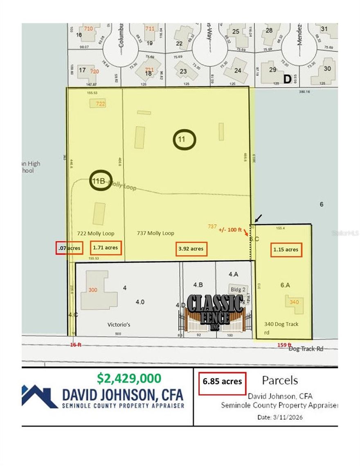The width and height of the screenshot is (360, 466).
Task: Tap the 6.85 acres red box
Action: (222, 381)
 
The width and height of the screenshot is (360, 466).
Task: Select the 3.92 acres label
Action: (191, 249)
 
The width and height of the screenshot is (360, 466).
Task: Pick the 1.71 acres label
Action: (105, 248)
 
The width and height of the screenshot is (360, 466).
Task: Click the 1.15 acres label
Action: (286, 249)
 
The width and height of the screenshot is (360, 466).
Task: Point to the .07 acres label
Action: (69, 248)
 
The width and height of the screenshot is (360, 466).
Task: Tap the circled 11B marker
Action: (99, 180)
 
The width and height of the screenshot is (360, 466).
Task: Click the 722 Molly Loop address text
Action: (96, 233)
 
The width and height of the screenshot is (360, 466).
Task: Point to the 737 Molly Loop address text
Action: (155, 233)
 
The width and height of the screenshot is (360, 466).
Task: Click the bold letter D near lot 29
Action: (287, 79)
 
